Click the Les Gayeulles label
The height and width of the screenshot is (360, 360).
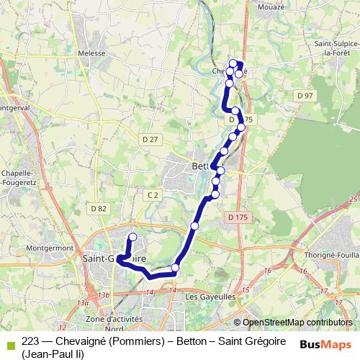(x=210, y=296)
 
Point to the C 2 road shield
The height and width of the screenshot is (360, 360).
(x=152, y=195)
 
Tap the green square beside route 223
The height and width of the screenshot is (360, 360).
(x=9, y=341)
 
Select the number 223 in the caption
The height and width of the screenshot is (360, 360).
(x=30, y=341)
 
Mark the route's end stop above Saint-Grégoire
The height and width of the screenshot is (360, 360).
(x=132, y=237)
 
